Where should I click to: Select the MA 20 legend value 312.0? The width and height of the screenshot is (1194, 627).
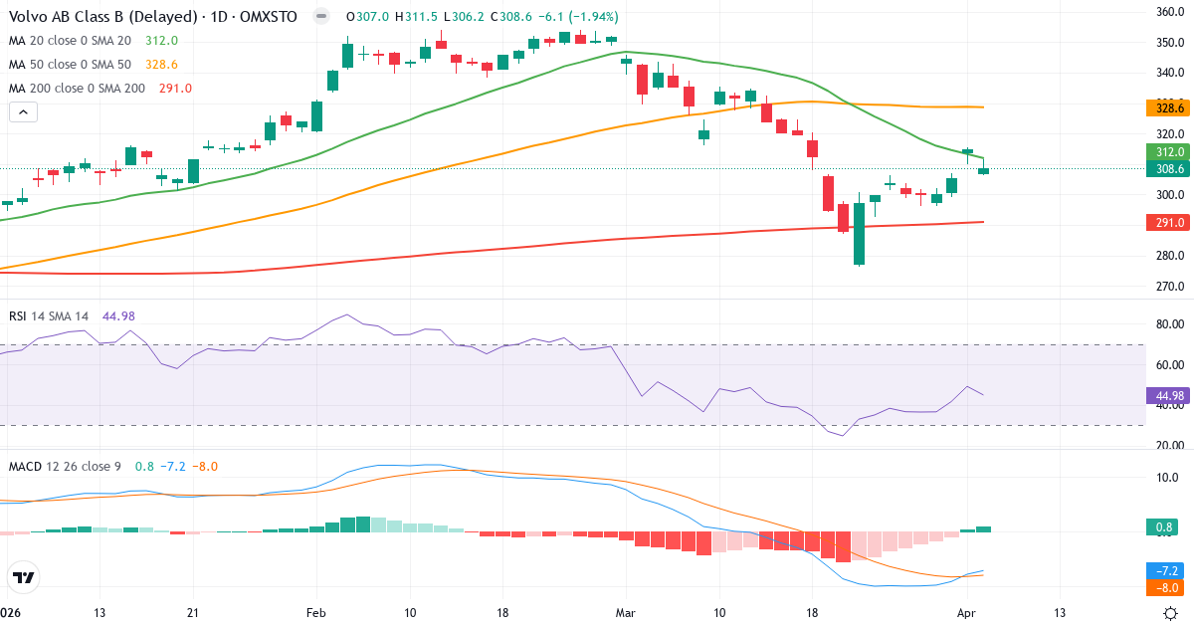161,41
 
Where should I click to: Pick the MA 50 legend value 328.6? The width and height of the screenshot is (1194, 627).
161,65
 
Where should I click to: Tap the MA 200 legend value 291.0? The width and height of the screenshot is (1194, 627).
175,89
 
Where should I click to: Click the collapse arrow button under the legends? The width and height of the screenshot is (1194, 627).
23,112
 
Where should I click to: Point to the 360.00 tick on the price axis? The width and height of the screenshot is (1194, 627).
1168,12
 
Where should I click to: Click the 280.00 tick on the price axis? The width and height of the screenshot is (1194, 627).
1168,256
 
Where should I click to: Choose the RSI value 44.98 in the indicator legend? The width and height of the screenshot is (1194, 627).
118,316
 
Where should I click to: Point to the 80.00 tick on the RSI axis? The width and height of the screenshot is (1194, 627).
1168,324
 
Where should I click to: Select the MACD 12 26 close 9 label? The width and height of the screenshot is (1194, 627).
64,467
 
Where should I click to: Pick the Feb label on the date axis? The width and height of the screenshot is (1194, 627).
316,612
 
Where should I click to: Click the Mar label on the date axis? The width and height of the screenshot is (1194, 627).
626,612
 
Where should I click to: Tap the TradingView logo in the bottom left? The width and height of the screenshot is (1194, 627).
23,577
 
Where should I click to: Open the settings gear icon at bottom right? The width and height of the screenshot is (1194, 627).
1171,613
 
